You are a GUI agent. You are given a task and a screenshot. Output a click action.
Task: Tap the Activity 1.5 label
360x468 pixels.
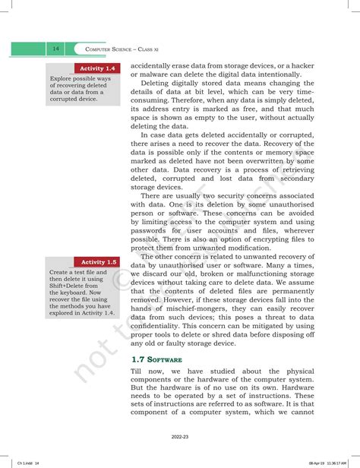point(99,261)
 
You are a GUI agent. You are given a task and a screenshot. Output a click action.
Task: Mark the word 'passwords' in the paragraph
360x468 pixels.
point(153,230)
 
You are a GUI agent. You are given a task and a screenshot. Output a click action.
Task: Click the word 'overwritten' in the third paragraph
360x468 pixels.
point(266,161)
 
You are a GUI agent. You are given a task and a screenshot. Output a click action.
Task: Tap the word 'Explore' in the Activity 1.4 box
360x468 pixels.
point(63,78)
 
